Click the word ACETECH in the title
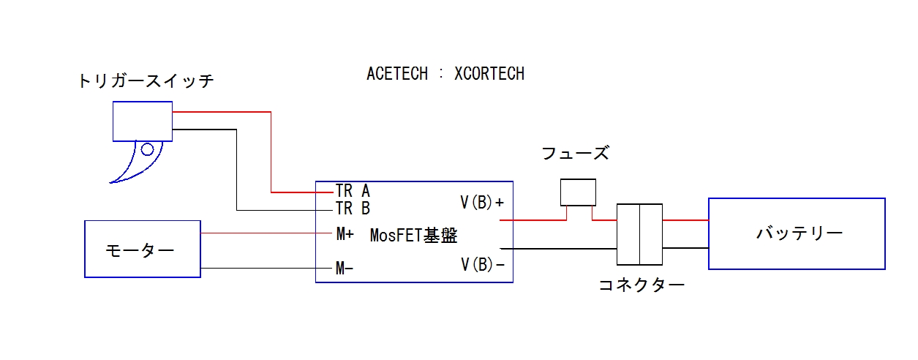(396, 74)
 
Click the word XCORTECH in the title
(489, 74)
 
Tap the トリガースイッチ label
(146, 81)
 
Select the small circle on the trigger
(147, 150)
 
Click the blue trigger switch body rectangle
(142, 121)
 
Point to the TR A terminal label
(353, 191)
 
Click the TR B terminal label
(353, 209)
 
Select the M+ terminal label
(345, 234)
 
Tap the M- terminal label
(345, 269)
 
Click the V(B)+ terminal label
(482, 202)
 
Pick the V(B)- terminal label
(482, 264)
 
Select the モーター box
(143, 249)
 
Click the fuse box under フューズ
(578, 192)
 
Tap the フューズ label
(575, 154)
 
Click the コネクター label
(642, 285)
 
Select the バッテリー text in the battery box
(800, 233)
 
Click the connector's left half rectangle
(628, 234)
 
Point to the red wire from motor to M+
(263, 234)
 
